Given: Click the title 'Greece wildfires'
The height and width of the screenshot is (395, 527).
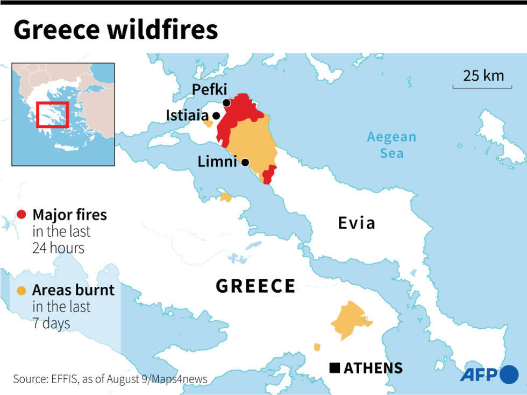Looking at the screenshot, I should click(x=116, y=30).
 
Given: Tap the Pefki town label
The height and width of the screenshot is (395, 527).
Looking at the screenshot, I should click(x=210, y=89).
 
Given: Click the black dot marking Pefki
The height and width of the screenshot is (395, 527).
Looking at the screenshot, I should click(x=226, y=103).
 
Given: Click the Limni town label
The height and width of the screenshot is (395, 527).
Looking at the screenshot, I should click(x=217, y=161).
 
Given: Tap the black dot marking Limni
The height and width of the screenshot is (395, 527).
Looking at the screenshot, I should click(x=245, y=163).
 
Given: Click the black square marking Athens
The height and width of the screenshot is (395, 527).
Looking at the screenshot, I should click(x=334, y=368).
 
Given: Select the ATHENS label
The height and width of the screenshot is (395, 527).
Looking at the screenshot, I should click(x=373, y=368).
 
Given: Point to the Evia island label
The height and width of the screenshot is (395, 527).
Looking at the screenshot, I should click(x=356, y=223).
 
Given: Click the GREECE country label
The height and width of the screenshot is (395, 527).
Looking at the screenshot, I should click(x=255, y=286).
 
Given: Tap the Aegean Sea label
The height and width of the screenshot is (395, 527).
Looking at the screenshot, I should click(x=391, y=145).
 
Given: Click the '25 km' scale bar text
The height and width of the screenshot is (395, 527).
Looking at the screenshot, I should click(x=483, y=75).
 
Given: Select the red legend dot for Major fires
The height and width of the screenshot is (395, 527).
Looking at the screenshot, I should click(x=22, y=215).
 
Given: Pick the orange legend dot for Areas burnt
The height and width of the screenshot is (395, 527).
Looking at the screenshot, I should click(x=22, y=291).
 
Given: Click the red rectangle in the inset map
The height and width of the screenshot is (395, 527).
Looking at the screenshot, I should click(x=52, y=114).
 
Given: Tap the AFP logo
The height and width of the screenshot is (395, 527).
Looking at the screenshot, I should click(x=488, y=375).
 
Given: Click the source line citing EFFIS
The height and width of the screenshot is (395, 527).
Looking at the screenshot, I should click(x=110, y=379).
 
